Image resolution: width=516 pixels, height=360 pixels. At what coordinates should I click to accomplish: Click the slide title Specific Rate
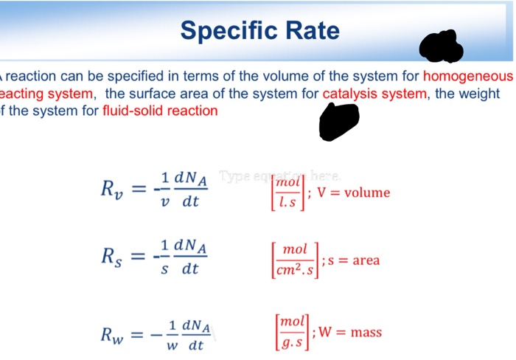[259, 30]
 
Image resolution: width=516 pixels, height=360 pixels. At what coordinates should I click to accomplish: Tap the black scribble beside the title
[441, 46]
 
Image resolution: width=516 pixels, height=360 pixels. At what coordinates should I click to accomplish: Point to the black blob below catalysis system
[338, 120]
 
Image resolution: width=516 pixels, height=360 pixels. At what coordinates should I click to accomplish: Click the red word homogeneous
[467, 77]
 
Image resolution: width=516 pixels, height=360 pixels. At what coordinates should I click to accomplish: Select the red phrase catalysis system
[374, 94]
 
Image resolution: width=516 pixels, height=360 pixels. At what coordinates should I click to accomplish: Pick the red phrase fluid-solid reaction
[160, 111]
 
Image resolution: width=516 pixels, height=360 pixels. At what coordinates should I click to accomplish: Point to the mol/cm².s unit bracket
[295, 260]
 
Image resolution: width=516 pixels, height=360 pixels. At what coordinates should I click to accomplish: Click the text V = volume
[354, 193]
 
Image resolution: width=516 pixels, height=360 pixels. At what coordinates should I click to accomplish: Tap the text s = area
[355, 260]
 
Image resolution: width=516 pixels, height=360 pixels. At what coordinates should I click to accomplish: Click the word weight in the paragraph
[483, 94]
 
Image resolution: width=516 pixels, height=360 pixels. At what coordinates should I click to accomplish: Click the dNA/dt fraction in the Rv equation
[190, 190]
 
